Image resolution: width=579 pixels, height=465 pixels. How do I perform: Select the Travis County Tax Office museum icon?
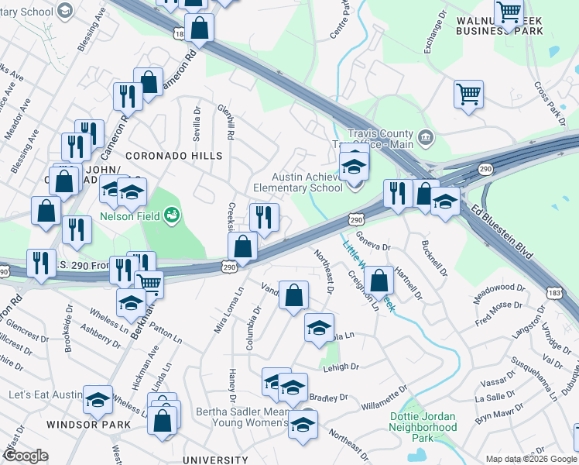(425, 139)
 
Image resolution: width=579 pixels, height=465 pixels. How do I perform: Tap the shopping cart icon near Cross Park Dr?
(468, 95)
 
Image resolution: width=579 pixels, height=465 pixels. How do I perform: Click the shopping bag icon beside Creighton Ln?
(379, 281)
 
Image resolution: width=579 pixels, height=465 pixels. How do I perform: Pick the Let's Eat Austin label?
(45, 395)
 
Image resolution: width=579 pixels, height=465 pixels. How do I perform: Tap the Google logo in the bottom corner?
(26, 456)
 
